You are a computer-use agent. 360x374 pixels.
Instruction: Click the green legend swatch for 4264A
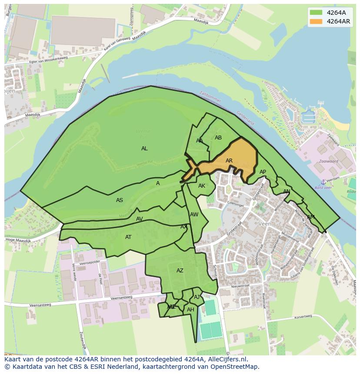316,13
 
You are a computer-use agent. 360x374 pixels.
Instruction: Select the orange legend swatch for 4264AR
316,21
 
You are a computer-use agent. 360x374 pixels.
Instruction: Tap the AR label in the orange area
229,161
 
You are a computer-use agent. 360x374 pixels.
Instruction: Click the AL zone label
144,149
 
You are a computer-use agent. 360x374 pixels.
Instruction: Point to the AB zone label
218,138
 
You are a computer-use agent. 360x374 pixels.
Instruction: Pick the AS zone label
120,200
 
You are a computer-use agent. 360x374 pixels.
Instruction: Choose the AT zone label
128,237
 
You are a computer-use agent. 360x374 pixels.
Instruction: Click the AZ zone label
180,271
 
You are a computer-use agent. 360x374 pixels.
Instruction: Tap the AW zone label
194,215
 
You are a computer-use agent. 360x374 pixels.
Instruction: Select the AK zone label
202,186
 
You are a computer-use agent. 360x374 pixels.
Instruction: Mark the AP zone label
263,172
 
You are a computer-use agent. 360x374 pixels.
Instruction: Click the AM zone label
311,217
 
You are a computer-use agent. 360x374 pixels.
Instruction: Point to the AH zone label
190,310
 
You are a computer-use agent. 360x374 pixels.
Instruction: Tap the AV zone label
140,219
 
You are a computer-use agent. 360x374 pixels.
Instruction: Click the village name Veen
264,224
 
